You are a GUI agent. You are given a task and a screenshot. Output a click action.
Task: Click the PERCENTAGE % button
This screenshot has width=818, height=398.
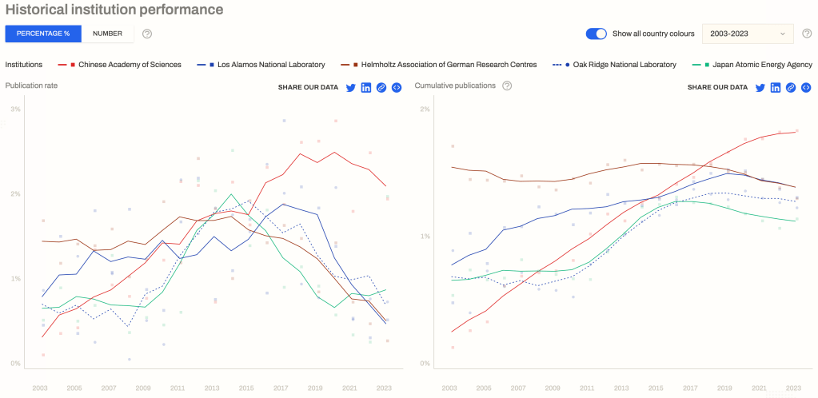(x=43, y=34)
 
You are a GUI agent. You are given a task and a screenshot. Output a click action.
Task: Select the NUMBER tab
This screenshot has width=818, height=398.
(x=107, y=34)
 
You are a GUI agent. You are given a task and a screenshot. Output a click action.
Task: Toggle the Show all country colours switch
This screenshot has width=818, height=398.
(x=597, y=34)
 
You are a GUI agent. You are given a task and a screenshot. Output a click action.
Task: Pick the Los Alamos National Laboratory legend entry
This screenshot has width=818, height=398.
(x=267, y=65)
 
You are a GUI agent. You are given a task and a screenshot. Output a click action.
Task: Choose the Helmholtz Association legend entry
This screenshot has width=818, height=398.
(x=446, y=65)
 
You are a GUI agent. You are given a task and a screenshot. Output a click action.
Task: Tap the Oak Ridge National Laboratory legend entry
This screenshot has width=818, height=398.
(x=620, y=65)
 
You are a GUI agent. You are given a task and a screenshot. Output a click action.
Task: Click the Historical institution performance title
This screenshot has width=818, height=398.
(x=114, y=10)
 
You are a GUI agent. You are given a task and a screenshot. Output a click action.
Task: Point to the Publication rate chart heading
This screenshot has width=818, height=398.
(x=31, y=86)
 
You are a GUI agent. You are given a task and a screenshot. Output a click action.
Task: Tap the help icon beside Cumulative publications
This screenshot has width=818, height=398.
(x=507, y=86)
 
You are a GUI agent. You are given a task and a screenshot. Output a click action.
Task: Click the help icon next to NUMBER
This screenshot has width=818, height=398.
(x=147, y=34)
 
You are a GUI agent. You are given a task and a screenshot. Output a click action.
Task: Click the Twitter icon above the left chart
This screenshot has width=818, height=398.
(x=350, y=87)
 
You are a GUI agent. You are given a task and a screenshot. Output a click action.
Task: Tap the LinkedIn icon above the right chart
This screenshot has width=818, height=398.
(x=776, y=87)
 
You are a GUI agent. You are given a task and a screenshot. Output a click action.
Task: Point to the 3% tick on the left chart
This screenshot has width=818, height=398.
(x=15, y=109)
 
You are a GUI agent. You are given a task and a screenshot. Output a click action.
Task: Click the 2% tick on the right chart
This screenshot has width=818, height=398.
(x=425, y=109)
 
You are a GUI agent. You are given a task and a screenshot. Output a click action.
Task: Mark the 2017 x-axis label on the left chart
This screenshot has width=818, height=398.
(x=280, y=388)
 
